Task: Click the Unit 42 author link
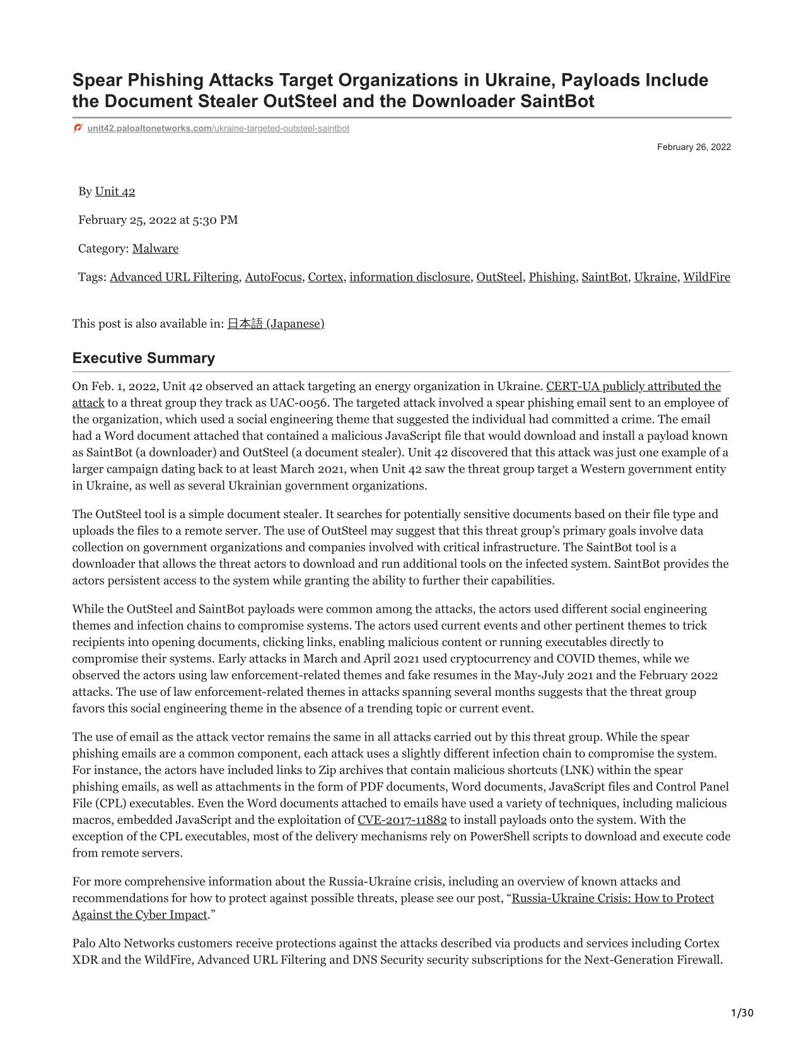tap(115, 192)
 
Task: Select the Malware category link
tap(155, 248)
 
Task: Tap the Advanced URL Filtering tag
tap(174, 277)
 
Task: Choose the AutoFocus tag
tap(273, 277)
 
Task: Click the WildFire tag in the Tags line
tap(706, 277)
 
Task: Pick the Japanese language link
tap(276, 324)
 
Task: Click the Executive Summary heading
tap(144, 358)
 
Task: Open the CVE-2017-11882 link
tap(402, 820)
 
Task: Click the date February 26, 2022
tap(694, 147)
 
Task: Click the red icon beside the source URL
tap(78, 128)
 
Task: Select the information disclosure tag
tap(410, 277)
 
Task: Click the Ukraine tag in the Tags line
tap(655, 277)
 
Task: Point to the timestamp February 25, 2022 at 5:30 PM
tap(158, 220)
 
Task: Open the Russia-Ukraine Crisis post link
tap(612, 898)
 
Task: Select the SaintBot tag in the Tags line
tap(605, 277)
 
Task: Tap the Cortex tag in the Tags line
tap(325, 277)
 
